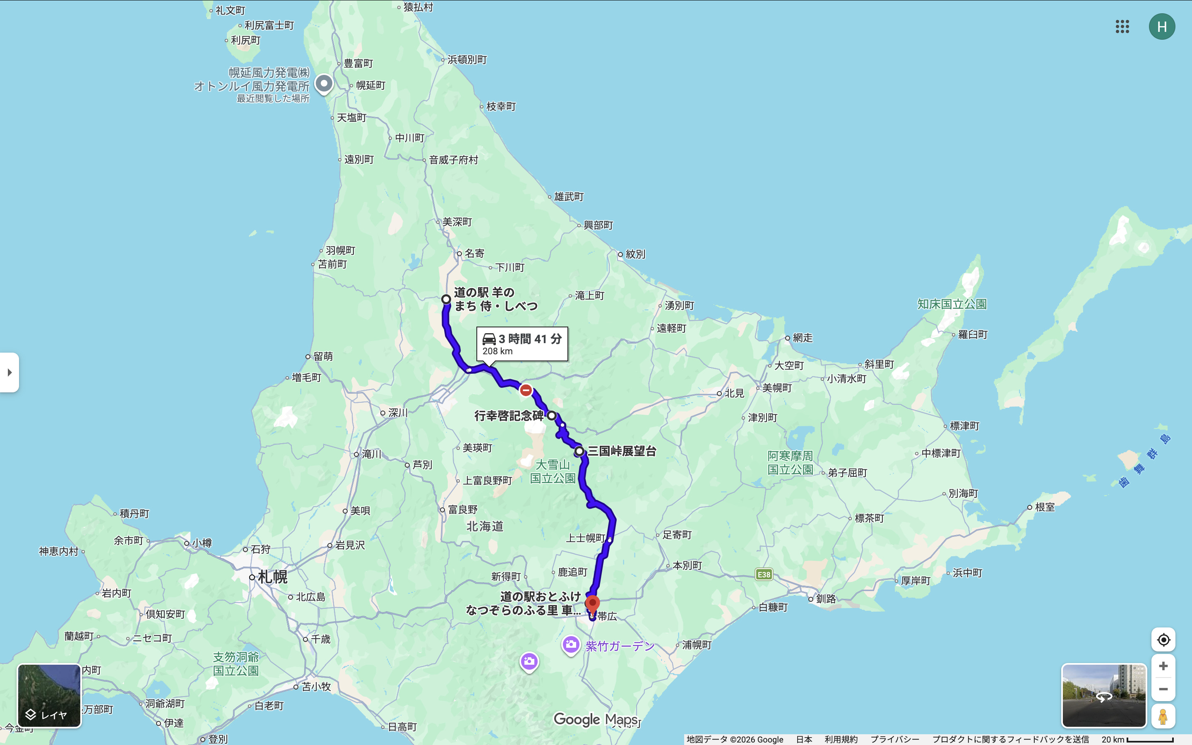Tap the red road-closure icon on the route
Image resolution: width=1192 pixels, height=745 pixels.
(526, 390)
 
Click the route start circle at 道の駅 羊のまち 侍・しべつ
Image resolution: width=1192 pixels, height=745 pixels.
(446, 299)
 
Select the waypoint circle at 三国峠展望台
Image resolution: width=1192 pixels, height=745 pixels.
(579, 451)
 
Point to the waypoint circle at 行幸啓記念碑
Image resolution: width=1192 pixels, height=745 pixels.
(552, 416)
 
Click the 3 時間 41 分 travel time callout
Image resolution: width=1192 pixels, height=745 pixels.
(521, 344)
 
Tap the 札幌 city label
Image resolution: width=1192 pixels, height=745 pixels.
(272, 577)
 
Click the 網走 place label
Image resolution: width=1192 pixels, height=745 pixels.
(803, 337)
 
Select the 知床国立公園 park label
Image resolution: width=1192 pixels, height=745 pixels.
(952, 304)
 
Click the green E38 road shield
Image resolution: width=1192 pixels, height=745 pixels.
(764, 574)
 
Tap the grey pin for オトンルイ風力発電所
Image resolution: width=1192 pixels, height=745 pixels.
(324, 83)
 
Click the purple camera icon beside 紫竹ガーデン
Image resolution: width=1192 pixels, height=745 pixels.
(571, 644)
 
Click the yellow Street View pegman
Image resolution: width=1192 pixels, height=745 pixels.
(1163, 716)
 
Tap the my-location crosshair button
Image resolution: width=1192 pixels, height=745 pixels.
(1163, 639)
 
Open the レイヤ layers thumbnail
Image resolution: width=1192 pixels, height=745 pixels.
(49, 695)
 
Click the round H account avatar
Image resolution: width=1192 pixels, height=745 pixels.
(1161, 26)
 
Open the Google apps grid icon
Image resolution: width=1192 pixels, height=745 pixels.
(1122, 26)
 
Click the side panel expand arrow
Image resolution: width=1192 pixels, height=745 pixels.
(10, 372)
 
